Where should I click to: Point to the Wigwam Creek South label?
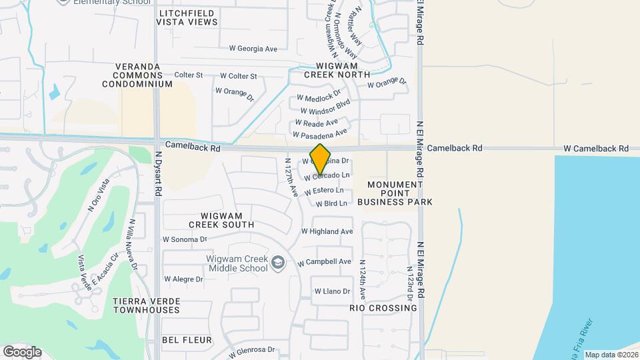tap(212, 220)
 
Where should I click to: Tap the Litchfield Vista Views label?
tap(187, 17)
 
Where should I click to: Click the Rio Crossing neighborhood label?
tap(383, 308)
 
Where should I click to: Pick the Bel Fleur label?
tap(187, 340)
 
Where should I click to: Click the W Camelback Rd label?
tap(596, 148)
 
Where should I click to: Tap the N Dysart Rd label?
tap(159, 173)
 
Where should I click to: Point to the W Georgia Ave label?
tap(253, 49)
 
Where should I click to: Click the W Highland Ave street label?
tap(327, 231)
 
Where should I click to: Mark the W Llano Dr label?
tap(331, 291)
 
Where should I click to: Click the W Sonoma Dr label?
tap(185, 239)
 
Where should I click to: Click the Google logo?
tap(22, 351)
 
